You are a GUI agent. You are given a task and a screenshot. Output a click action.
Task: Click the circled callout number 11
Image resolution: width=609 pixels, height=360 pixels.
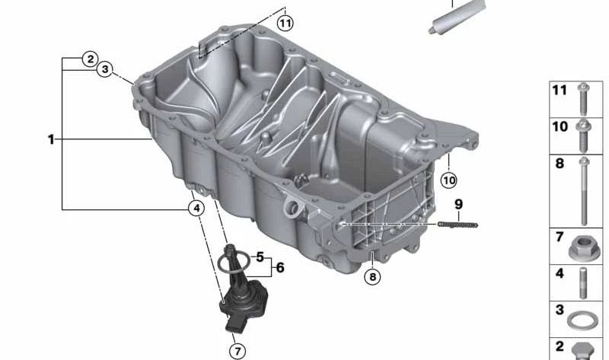pyautogui.click(x=285, y=22)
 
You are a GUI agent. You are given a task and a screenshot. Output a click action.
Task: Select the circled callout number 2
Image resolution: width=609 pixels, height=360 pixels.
pyautogui.click(x=90, y=59)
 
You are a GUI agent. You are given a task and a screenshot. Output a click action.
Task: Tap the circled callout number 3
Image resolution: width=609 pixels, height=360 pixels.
pyautogui.click(x=106, y=70)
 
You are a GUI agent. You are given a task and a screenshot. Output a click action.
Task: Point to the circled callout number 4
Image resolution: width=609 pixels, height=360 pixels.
pyautogui.click(x=196, y=207)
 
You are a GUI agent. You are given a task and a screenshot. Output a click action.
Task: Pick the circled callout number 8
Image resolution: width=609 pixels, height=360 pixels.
pyautogui.click(x=371, y=277)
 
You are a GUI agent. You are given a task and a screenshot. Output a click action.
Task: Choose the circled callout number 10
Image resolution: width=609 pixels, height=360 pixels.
pyautogui.click(x=448, y=180)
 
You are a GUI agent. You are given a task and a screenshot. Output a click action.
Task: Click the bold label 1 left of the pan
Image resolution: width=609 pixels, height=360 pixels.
pyautogui.click(x=50, y=139)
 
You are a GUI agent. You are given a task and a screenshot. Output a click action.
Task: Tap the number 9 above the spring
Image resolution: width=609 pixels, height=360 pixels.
pyautogui.click(x=458, y=204)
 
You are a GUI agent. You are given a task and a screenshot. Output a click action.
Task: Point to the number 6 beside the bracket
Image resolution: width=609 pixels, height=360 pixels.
pyautogui.click(x=279, y=268)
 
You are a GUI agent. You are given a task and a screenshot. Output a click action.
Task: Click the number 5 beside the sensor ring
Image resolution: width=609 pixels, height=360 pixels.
pyautogui.click(x=260, y=258)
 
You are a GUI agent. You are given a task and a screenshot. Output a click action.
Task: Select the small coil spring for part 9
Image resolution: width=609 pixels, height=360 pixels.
pyautogui.click(x=458, y=224)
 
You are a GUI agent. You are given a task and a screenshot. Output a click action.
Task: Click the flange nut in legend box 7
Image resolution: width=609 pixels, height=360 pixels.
pyautogui.click(x=583, y=247)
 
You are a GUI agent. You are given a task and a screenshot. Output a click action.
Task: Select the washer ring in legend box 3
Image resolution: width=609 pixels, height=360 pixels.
pyautogui.click(x=583, y=318)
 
